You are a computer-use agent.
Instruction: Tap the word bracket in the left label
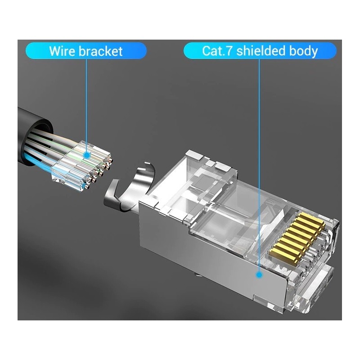pos(100,51)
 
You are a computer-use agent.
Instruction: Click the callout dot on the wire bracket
pos(87,154)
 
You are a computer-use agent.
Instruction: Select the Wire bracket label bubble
pos(86,51)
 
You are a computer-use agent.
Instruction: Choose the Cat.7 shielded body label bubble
pos(260,51)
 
